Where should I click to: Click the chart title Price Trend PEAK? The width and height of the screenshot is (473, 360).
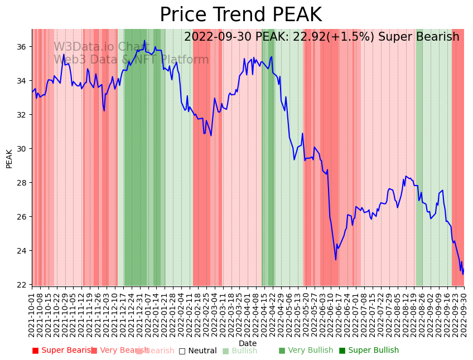tap(240, 15)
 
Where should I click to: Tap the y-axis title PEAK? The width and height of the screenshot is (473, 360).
tap(9, 158)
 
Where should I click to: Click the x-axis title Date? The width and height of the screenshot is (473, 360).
tap(248, 343)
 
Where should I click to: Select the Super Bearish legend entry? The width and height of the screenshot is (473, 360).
tap(62, 351)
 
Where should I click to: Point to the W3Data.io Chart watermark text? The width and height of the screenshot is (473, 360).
tap(102, 47)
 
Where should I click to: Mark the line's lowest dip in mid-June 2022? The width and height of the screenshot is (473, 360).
tap(336, 260)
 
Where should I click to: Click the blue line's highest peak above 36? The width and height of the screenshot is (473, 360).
tap(144, 40)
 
